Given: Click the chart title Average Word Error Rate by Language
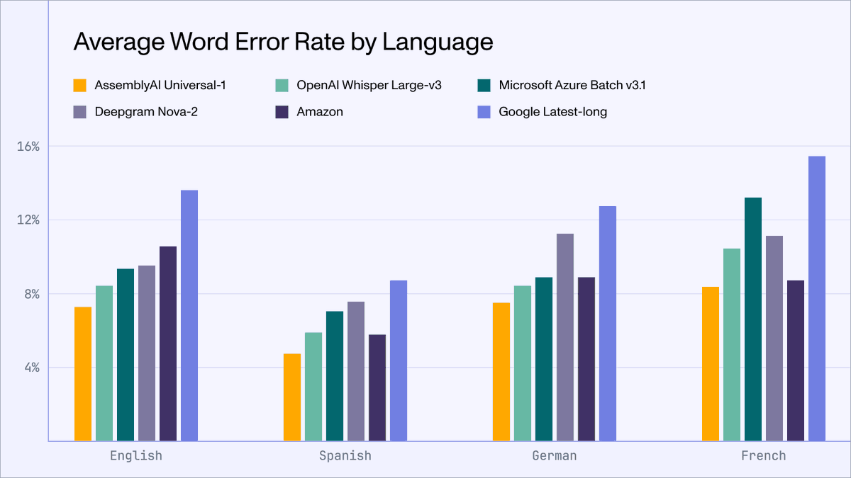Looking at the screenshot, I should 283,42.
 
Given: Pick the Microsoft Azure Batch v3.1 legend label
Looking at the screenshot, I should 572,86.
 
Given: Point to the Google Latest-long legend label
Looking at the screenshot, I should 552,111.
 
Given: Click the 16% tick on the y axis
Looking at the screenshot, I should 28,147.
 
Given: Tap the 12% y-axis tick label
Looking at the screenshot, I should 28,220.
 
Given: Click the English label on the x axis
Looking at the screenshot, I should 136,455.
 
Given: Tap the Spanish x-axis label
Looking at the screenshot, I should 345,455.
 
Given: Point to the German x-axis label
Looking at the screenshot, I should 555,455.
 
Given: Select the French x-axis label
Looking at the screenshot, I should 764,455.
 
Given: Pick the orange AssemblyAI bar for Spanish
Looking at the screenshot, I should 292,397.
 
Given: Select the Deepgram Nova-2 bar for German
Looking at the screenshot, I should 565,337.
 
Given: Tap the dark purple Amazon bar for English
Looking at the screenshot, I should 168,343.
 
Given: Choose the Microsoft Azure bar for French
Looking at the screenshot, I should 753,319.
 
